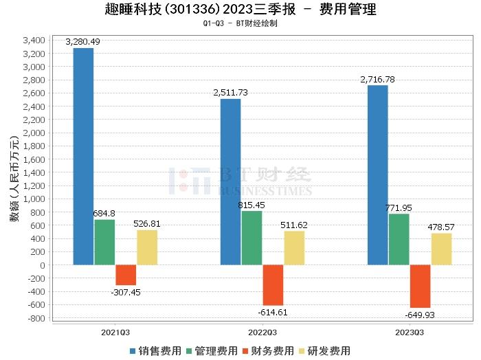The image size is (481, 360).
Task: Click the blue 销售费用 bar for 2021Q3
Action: pyautogui.click(x=83, y=157)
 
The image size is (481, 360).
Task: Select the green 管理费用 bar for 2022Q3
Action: pyautogui.click(x=251, y=238)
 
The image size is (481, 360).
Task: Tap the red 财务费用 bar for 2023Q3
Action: pyautogui.click(x=420, y=286)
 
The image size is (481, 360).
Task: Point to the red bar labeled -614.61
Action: pyautogui.click(x=273, y=285)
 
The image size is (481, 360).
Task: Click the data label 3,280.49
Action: pyautogui.click(x=83, y=42)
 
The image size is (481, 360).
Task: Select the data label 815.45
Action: pyautogui.click(x=251, y=205)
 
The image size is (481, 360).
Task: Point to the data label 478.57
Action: pyautogui.click(x=442, y=227)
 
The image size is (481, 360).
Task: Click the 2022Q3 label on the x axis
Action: pyautogui.click(x=251, y=331)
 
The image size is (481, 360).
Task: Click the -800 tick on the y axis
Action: pyautogui.click(x=36, y=318)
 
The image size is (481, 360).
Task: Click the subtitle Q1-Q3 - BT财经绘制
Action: pyautogui.click(x=240, y=23)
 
